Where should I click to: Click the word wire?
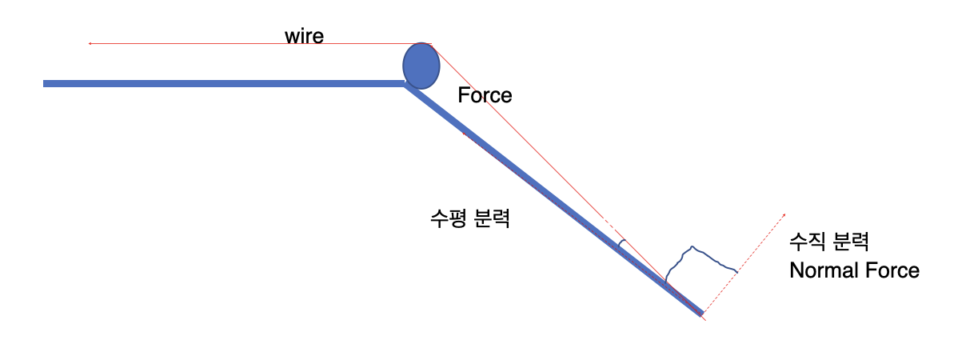click(304, 36)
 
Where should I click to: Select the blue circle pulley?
click(421, 66)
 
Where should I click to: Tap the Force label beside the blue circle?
click(485, 95)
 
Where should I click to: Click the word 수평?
click(448, 219)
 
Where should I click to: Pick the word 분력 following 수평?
click(491, 219)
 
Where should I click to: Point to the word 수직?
click(807, 241)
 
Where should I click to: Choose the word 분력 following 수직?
click(850, 241)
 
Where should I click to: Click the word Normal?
click(820, 270)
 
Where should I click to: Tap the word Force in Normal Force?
click(889, 270)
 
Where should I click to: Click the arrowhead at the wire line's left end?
click(90, 43)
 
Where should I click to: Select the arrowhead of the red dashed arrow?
click(783, 215)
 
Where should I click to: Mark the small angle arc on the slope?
click(621, 244)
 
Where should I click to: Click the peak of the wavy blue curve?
click(692, 246)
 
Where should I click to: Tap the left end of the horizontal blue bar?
click(44, 84)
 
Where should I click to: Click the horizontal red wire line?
click(260, 43)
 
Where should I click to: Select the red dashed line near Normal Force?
click(744, 265)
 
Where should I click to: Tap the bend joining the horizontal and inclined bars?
click(405, 85)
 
